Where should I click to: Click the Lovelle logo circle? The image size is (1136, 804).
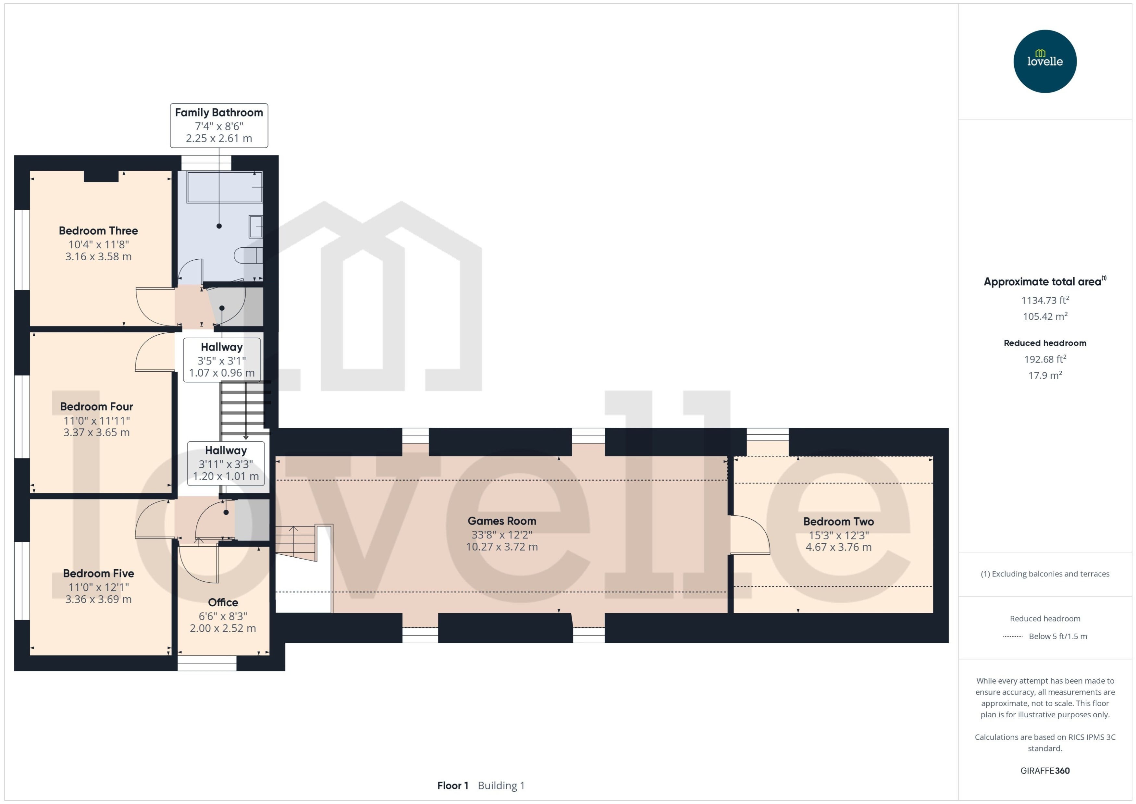(1044, 61)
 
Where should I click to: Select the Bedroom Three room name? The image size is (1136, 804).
(98, 231)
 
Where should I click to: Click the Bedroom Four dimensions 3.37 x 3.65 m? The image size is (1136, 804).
(96, 432)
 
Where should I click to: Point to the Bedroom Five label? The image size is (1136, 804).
(98, 573)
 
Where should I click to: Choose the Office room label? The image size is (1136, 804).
(223, 602)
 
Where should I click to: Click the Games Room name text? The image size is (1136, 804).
(501, 521)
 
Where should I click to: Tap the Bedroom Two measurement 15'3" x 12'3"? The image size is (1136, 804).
(838, 535)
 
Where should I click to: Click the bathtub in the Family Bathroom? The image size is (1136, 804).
(224, 187)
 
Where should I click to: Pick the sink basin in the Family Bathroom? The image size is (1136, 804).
(255, 227)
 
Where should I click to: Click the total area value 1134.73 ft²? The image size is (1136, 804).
(1044, 300)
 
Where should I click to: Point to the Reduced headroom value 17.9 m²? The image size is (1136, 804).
(1044, 375)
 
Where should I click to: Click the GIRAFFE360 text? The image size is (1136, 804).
(1044, 770)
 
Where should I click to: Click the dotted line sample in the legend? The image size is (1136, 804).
(1012, 636)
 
